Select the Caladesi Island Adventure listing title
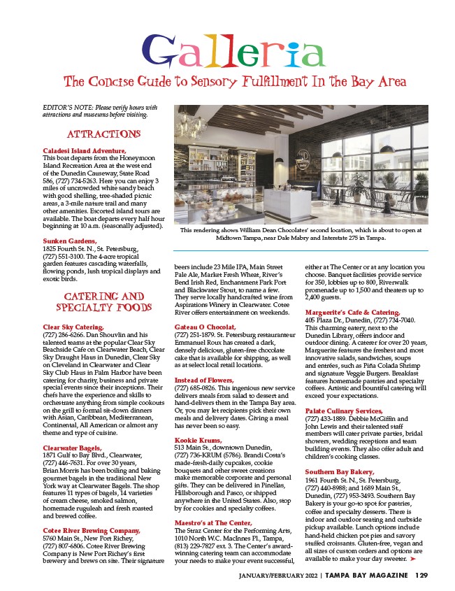click(85, 150)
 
